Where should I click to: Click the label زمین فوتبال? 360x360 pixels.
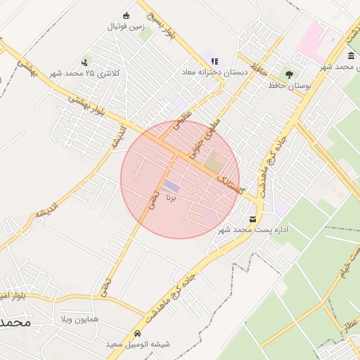point(125,27)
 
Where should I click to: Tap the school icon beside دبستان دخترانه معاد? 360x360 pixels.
point(214,61)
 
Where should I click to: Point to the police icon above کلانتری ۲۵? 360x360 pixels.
point(86,63)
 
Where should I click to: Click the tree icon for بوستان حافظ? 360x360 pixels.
point(289,74)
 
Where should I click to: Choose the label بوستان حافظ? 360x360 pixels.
point(289,85)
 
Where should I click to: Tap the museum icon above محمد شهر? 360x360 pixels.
point(351,56)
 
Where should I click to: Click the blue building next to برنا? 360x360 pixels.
point(171,186)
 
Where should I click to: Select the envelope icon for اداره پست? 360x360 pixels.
point(252,219)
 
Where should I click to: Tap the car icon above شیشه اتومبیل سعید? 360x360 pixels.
point(136,334)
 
